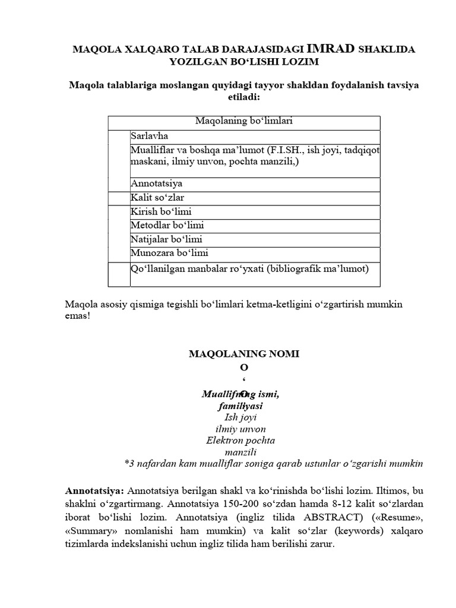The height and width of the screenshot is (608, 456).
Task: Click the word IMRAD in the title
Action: click(331, 49)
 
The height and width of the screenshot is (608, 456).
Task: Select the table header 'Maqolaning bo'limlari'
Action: click(244, 121)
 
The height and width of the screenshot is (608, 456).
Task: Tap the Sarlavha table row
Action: click(150, 136)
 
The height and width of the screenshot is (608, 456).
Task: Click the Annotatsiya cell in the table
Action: click(156, 184)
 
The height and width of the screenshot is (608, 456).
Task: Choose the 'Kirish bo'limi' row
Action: click(161, 212)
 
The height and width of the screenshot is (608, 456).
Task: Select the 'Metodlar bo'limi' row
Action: click(166, 226)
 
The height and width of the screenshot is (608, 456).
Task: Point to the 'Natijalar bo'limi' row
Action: click(167, 240)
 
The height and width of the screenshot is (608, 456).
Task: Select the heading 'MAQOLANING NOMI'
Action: click(244, 354)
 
